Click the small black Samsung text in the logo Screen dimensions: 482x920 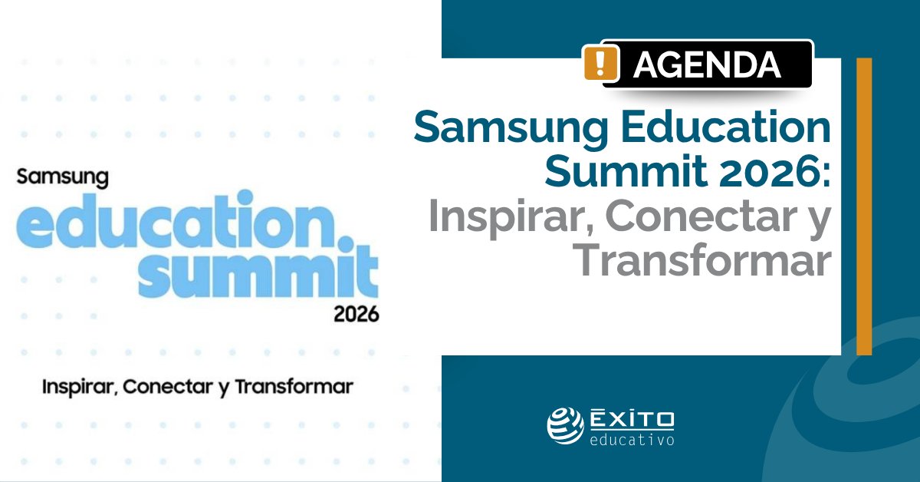click(63, 177)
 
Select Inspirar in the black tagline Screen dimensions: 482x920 click(77, 386)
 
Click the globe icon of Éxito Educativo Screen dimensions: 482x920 click(565, 425)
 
